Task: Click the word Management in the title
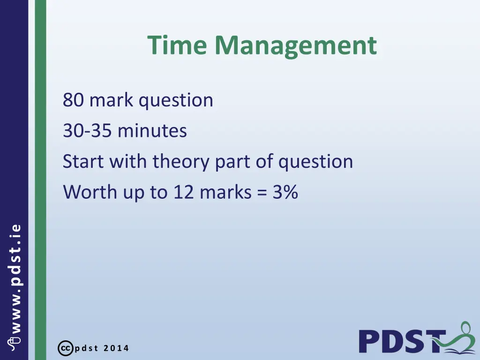(x=296, y=46)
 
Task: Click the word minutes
(x=152, y=131)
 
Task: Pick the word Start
(x=83, y=162)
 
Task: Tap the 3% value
(x=284, y=192)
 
